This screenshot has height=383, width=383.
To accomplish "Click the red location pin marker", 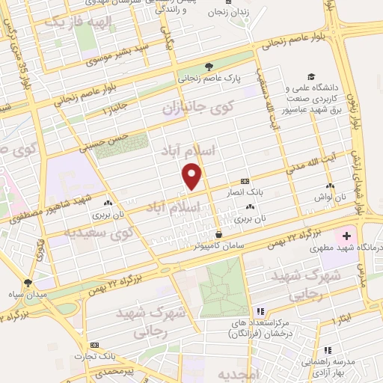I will pos(193,177).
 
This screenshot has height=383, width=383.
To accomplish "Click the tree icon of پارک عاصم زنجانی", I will pos(209,64).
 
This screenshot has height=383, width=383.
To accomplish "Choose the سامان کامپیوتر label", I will pos(218,243).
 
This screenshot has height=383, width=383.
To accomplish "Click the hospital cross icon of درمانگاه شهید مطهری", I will pos(346,235).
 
